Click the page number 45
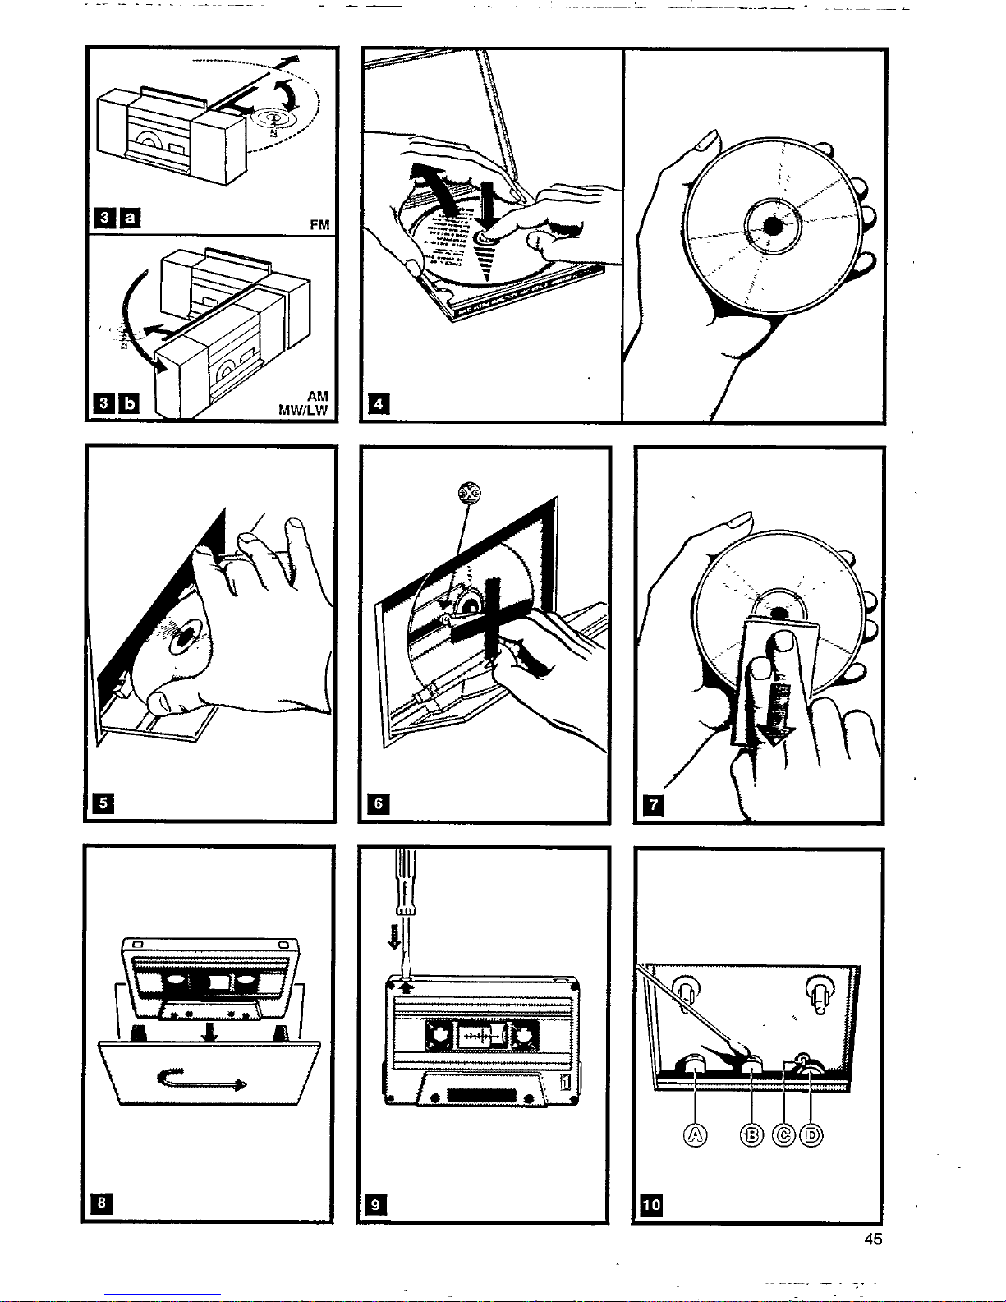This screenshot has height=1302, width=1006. click(x=873, y=1239)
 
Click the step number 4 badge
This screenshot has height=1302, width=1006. click(x=378, y=404)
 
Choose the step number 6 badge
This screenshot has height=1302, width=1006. click(x=378, y=803)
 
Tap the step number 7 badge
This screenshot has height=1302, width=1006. click(x=654, y=803)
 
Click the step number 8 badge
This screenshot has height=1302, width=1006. click(x=102, y=1203)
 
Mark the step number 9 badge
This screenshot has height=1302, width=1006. click(x=375, y=1204)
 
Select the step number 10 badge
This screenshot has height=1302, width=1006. click(x=650, y=1204)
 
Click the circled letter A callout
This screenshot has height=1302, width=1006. click(x=696, y=1135)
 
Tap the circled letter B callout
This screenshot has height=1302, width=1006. click(x=751, y=1135)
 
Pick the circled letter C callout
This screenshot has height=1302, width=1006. click(x=784, y=1135)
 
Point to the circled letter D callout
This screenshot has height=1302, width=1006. click(x=811, y=1135)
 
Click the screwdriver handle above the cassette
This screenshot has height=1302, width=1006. click(x=407, y=883)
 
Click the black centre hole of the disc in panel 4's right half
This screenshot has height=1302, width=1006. click(x=772, y=225)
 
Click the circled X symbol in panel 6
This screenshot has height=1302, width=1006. click(x=469, y=494)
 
